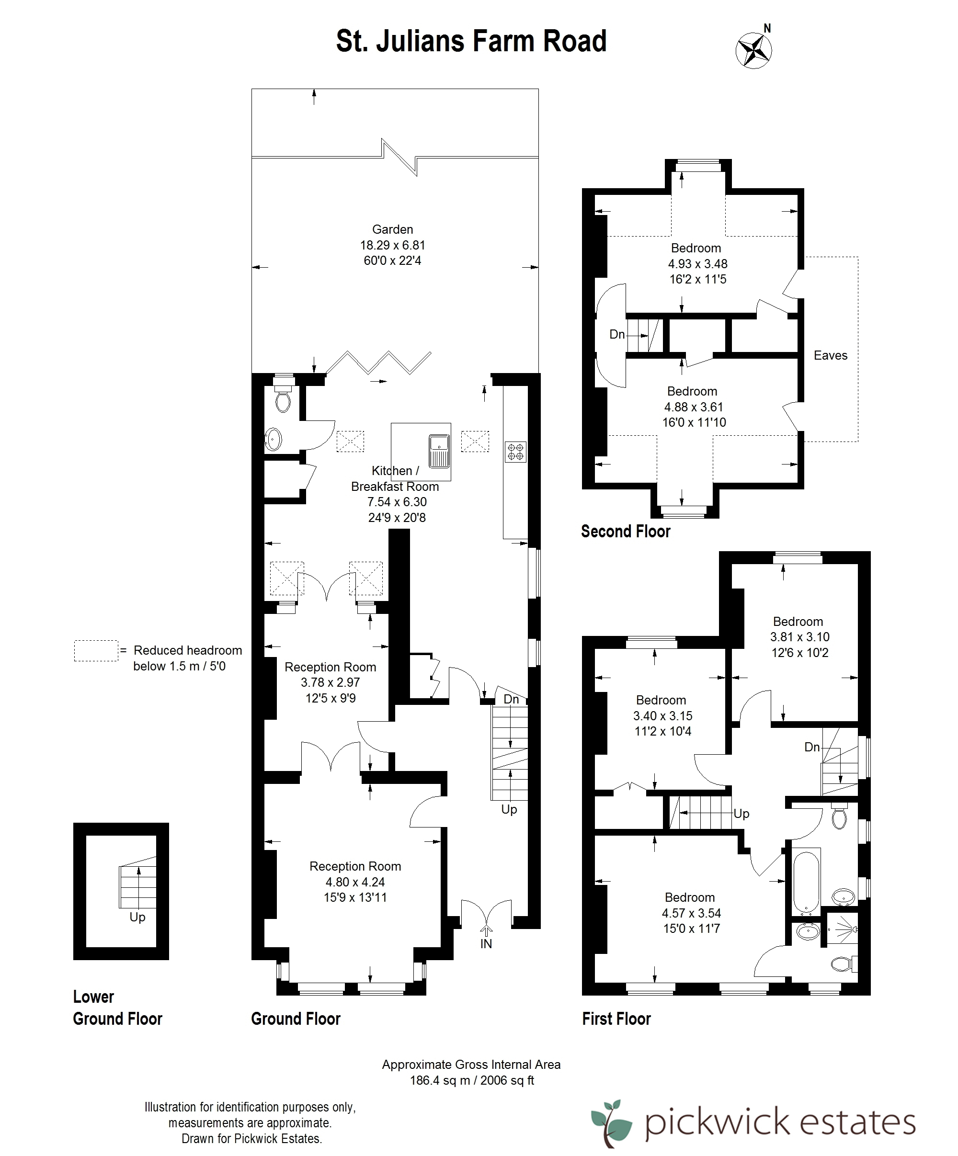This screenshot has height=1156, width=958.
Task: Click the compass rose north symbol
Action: coord(754,49)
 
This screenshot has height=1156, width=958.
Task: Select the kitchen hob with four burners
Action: coord(516,452)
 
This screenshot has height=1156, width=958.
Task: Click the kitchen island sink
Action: coord(439,450)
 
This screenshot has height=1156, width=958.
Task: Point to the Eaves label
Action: coord(830,356)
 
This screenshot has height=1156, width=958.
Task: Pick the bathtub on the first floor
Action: coord(806,883)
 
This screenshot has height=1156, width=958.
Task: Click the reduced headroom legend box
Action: coord(96,651)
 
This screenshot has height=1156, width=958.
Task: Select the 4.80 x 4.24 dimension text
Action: coord(355,882)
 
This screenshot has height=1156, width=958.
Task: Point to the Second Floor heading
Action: coord(626,531)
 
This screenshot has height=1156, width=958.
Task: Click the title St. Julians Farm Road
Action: coord(471,41)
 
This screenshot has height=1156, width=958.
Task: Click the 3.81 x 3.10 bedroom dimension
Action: coord(799,637)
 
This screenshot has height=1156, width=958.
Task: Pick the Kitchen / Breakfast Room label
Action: coord(395,478)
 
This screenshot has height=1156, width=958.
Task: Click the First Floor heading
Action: coord(616,1019)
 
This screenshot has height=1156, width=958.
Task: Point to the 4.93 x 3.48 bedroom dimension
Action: coord(697,264)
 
